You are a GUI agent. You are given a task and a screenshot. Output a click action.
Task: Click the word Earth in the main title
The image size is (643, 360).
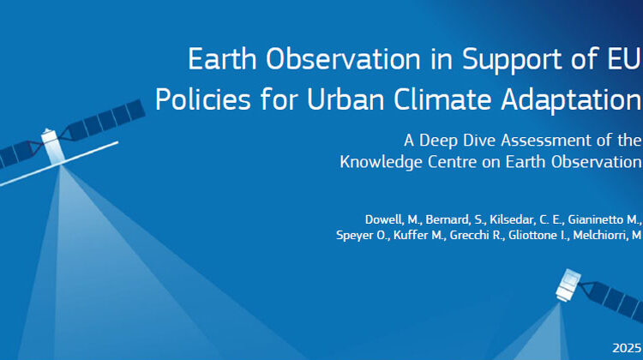[222, 59]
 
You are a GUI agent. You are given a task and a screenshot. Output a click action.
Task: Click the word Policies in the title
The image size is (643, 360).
[203, 99]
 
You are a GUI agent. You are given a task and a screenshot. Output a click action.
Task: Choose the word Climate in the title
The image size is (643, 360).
[442, 99]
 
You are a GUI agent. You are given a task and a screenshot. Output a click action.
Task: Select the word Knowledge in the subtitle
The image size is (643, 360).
[381, 163]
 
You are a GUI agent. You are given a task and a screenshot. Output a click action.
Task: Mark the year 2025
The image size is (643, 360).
[627, 348]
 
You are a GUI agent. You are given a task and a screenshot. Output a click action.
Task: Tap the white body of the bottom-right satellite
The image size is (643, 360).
[568, 285]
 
